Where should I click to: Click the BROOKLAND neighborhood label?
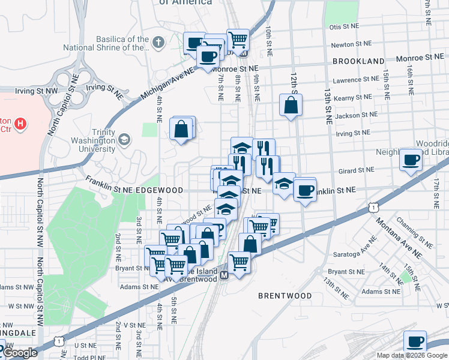(358, 61)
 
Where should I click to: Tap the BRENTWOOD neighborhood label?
(285, 296)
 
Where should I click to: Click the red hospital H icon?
(21, 124)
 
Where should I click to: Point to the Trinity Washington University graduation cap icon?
(124, 139)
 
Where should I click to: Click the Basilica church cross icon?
(158, 42)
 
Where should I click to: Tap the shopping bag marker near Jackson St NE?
(291, 106)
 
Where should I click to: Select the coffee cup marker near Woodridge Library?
(412, 160)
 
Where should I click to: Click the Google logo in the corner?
(20, 353)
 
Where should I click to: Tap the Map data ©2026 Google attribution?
(412, 355)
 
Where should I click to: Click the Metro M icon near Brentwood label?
(223, 275)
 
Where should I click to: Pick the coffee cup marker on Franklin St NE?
(304, 191)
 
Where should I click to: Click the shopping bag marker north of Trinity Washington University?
(181, 128)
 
